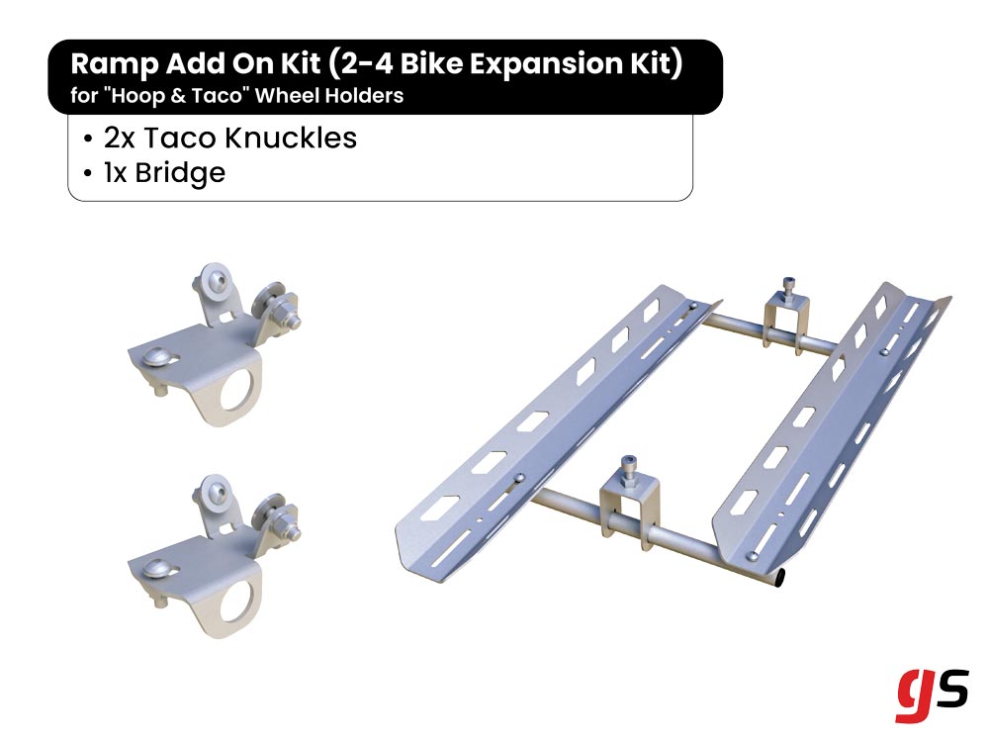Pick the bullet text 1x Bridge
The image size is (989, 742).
pyautogui.click(x=164, y=173)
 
